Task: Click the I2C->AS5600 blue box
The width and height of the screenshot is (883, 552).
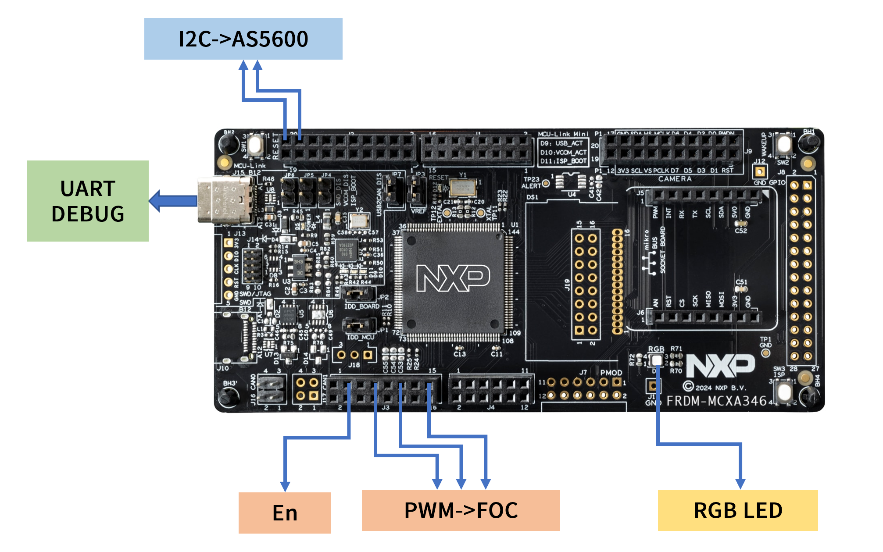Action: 243,39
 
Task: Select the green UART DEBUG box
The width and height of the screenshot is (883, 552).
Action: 88,201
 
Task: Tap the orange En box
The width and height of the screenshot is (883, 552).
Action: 285,513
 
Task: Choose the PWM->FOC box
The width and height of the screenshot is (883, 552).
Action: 461,510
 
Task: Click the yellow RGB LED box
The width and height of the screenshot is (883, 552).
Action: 738,510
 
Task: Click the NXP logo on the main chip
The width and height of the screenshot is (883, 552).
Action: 453,278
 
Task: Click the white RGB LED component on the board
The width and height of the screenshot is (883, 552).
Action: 656,360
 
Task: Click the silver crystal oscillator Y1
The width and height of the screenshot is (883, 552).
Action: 462,188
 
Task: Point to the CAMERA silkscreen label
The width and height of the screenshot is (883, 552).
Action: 675,179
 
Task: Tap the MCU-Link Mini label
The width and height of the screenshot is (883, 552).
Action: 563,134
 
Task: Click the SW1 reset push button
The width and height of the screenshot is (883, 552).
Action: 255,144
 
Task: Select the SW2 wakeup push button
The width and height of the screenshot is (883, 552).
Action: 783,144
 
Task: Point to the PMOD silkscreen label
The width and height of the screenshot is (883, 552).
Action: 611,373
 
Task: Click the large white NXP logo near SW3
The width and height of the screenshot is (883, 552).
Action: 720,366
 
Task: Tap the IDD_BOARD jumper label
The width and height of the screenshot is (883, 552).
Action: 362,306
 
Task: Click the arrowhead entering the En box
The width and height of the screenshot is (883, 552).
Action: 285,486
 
